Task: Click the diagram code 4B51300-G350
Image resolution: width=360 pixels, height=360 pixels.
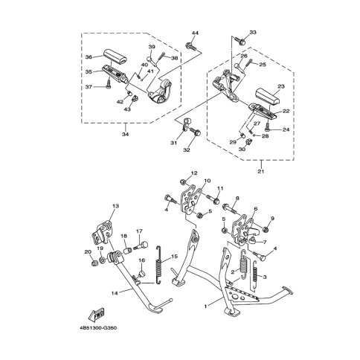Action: tap(98, 328)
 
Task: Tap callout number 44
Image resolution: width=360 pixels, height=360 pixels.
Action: tap(195, 33)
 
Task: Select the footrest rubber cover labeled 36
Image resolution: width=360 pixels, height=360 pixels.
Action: tap(115, 57)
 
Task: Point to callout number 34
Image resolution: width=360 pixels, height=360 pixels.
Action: tap(126, 134)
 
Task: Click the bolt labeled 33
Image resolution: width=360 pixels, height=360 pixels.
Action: tap(240, 41)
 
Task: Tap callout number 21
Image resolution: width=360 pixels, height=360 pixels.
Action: tap(261, 171)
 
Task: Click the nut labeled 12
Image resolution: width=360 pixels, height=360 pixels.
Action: tap(183, 182)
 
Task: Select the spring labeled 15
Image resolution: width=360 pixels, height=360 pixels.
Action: tap(159, 264)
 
